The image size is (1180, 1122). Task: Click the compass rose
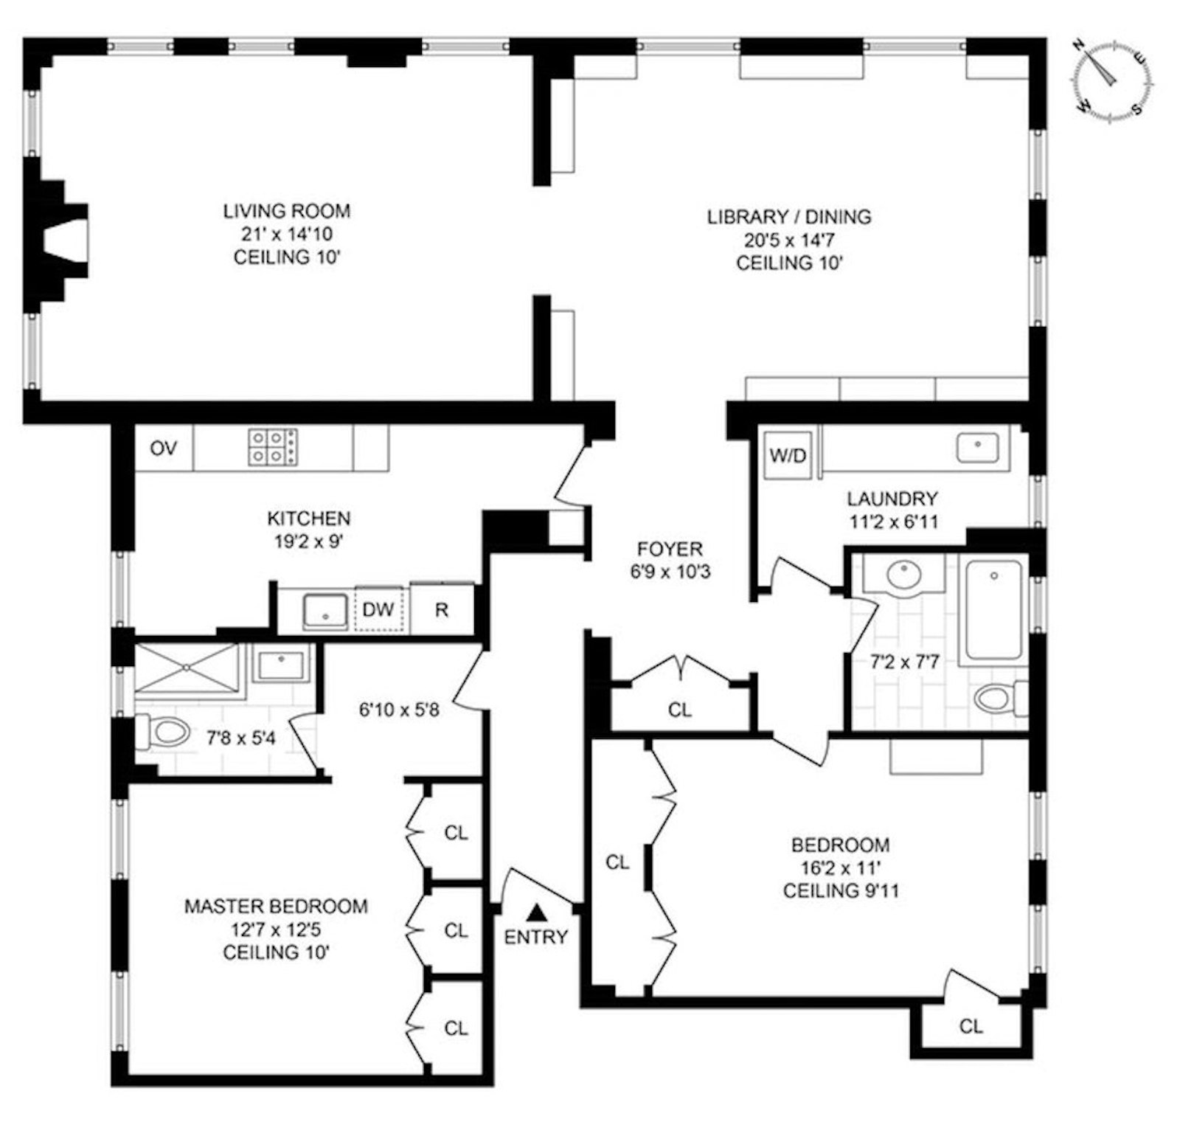1112,77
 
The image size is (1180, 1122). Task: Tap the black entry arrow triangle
536,913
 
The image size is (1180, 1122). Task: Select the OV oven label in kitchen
163,448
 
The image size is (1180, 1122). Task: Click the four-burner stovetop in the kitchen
273,447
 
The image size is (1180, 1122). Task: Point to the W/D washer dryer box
788,455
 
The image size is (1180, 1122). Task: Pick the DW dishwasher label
378,609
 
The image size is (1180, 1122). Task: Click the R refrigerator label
442,610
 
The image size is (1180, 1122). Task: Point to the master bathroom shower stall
187,669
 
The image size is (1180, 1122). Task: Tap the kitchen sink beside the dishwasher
325,611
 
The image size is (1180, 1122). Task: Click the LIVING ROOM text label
287,211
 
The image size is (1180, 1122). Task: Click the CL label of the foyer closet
680,710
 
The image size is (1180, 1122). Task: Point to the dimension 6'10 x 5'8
399,711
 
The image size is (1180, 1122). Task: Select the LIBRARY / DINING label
789,217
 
